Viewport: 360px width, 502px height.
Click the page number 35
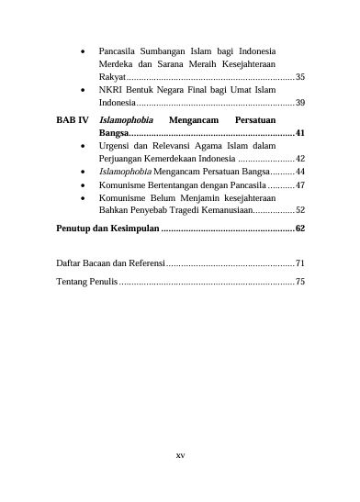click(300, 76)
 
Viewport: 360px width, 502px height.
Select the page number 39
click(300, 104)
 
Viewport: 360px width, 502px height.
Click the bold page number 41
click(300, 133)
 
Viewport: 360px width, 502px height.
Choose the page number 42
click(300, 158)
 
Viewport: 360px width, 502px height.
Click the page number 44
click(300, 171)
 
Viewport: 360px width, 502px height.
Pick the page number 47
click(300, 184)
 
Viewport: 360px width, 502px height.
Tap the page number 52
click(300, 210)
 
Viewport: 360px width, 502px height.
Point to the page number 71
click(300, 262)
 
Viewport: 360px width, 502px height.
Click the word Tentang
click(73, 281)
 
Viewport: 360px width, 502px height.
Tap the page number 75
click(300, 281)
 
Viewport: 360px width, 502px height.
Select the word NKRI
click(110, 90)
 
